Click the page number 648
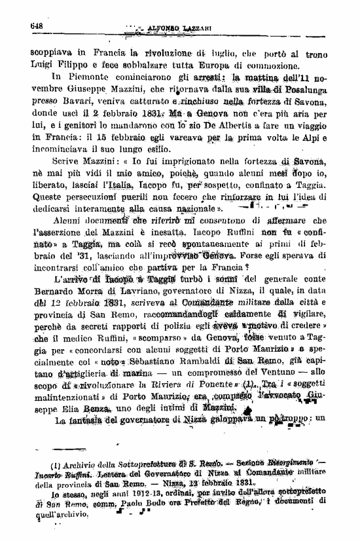coord(36,24)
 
